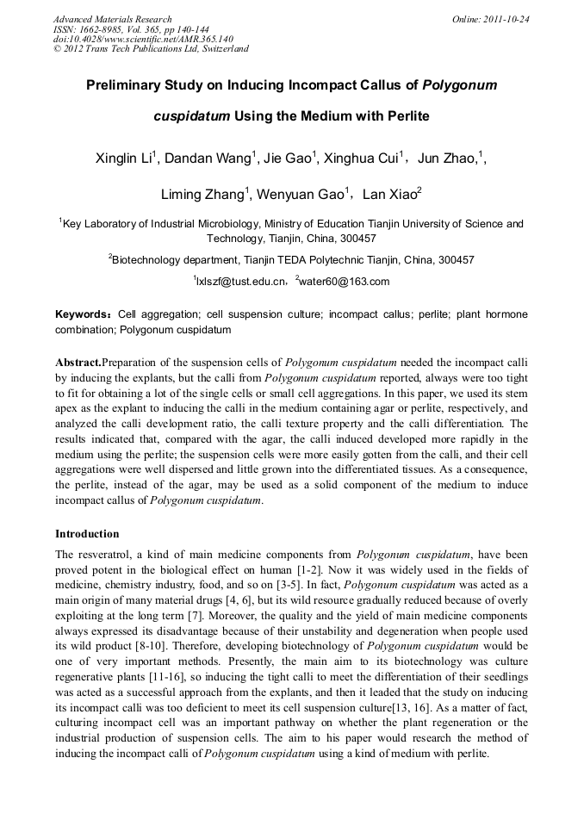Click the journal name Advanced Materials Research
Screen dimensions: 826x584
[x=112, y=19]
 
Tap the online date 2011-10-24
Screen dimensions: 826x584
[x=506, y=19]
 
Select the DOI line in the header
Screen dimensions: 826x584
[x=143, y=39]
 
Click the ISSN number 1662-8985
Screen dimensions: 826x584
[x=106, y=29]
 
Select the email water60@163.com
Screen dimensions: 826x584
[x=345, y=282]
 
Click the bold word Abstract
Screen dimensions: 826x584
[x=78, y=363]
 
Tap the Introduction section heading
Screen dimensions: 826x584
[x=87, y=534]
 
